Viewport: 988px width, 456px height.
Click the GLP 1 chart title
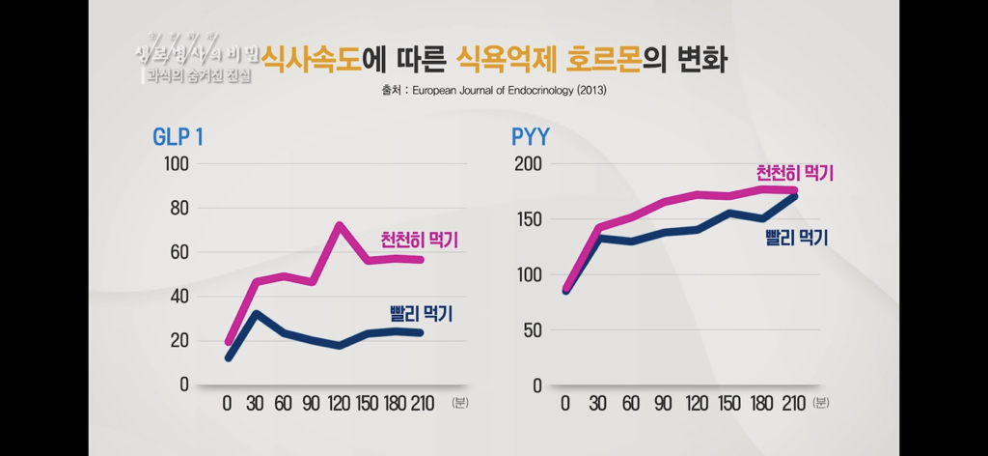(x=178, y=137)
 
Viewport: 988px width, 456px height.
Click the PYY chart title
(x=530, y=137)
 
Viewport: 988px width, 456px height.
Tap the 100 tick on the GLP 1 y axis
(x=175, y=163)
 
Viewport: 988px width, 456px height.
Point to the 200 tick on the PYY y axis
(x=529, y=163)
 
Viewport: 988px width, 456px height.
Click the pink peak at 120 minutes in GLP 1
(x=340, y=226)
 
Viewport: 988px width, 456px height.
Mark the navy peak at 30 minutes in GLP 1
(x=256, y=313)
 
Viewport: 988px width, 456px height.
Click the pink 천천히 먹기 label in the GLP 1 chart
(x=419, y=240)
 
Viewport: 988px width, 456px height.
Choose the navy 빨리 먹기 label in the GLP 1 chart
(x=421, y=313)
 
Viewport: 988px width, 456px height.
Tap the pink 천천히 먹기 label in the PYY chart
(x=794, y=173)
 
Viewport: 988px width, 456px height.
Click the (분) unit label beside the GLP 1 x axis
(x=458, y=404)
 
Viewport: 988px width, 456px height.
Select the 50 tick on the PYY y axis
(x=533, y=329)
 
